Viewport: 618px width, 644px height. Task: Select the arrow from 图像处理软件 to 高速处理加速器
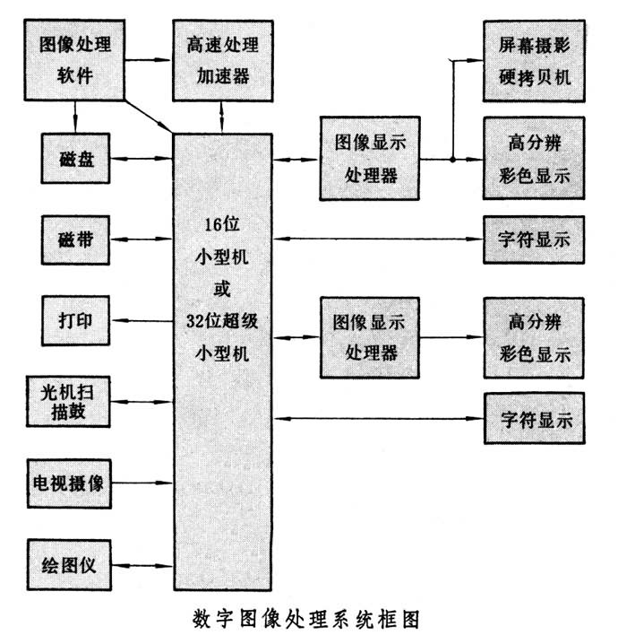click(x=147, y=59)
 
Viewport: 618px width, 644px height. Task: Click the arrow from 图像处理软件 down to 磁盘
click(x=75, y=115)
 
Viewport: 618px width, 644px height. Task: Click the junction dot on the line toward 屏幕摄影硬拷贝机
click(x=454, y=161)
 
